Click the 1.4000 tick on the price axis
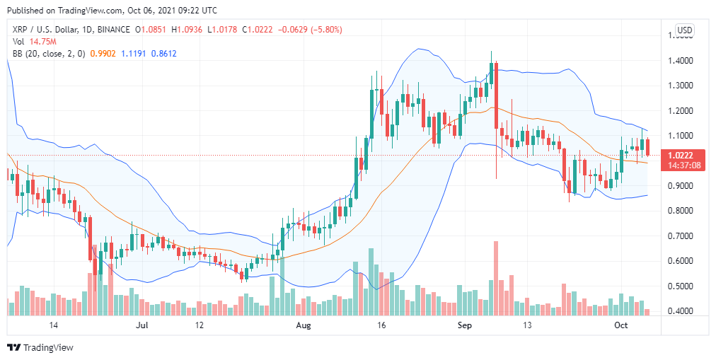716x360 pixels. point(680,62)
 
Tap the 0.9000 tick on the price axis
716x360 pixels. point(680,186)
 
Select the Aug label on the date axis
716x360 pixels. point(304,325)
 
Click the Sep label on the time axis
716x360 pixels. point(464,325)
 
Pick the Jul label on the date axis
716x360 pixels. point(142,325)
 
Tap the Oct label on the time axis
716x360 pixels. point(621,325)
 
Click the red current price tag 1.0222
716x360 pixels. point(681,154)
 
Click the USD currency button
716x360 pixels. point(684,30)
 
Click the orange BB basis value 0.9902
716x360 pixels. point(104,54)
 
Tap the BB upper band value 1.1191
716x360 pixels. point(134,54)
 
